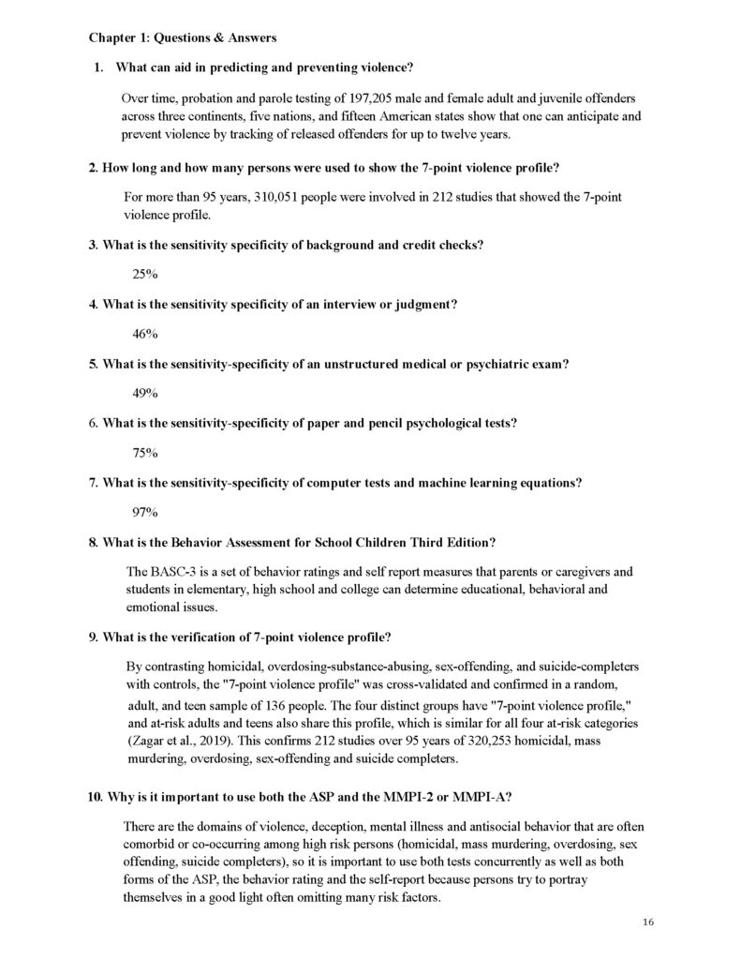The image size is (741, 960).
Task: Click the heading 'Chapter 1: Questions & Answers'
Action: pos(183,37)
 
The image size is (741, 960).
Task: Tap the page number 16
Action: pos(648,923)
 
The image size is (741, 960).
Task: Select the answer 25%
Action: pos(145,274)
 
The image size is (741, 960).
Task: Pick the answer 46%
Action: pos(145,333)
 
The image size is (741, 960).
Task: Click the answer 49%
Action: pos(145,393)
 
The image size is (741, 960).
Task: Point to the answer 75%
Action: pos(145,453)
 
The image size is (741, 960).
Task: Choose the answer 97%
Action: pos(145,512)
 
